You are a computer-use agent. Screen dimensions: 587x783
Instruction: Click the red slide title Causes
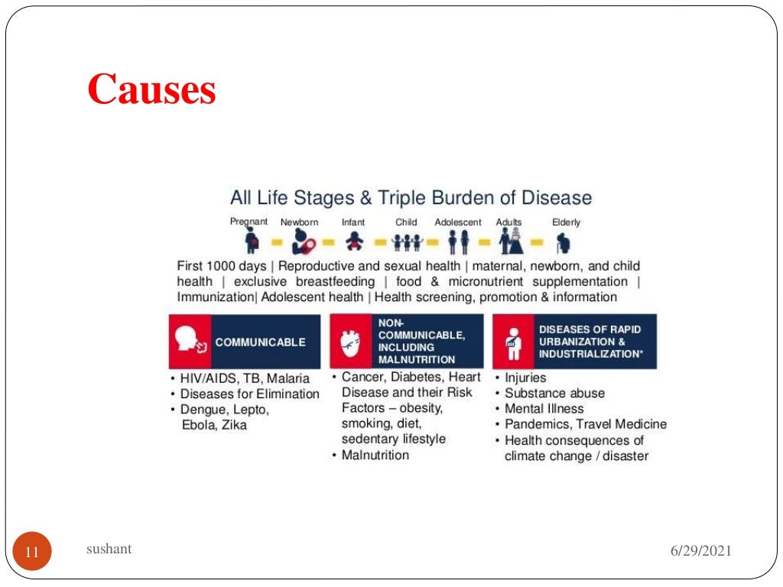click(x=151, y=90)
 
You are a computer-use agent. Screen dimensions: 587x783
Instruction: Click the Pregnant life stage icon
click(x=252, y=242)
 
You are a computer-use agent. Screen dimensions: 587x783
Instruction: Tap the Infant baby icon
click(x=353, y=242)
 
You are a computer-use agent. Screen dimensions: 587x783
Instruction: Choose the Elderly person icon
click(x=564, y=242)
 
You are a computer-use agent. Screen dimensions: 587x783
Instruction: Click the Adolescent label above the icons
click(x=458, y=222)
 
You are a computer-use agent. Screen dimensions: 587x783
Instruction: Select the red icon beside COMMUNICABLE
click(x=189, y=342)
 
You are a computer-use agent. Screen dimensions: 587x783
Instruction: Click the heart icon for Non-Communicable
click(x=350, y=342)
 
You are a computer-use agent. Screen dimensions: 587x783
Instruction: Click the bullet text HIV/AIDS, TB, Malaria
click(x=245, y=378)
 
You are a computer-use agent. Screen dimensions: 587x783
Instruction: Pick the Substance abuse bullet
click(x=554, y=393)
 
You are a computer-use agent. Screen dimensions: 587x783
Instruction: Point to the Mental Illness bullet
click(x=544, y=408)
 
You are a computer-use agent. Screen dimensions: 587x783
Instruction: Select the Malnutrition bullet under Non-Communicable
click(x=375, y=455)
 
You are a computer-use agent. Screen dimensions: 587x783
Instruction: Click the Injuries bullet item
click(x=525, y=378)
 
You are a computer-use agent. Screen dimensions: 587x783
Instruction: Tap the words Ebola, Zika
click(x=214, y=425)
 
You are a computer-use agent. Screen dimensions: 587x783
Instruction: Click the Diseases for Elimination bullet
click(x=249, y=394)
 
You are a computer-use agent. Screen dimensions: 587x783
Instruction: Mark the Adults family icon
click(x=510, y=242)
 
